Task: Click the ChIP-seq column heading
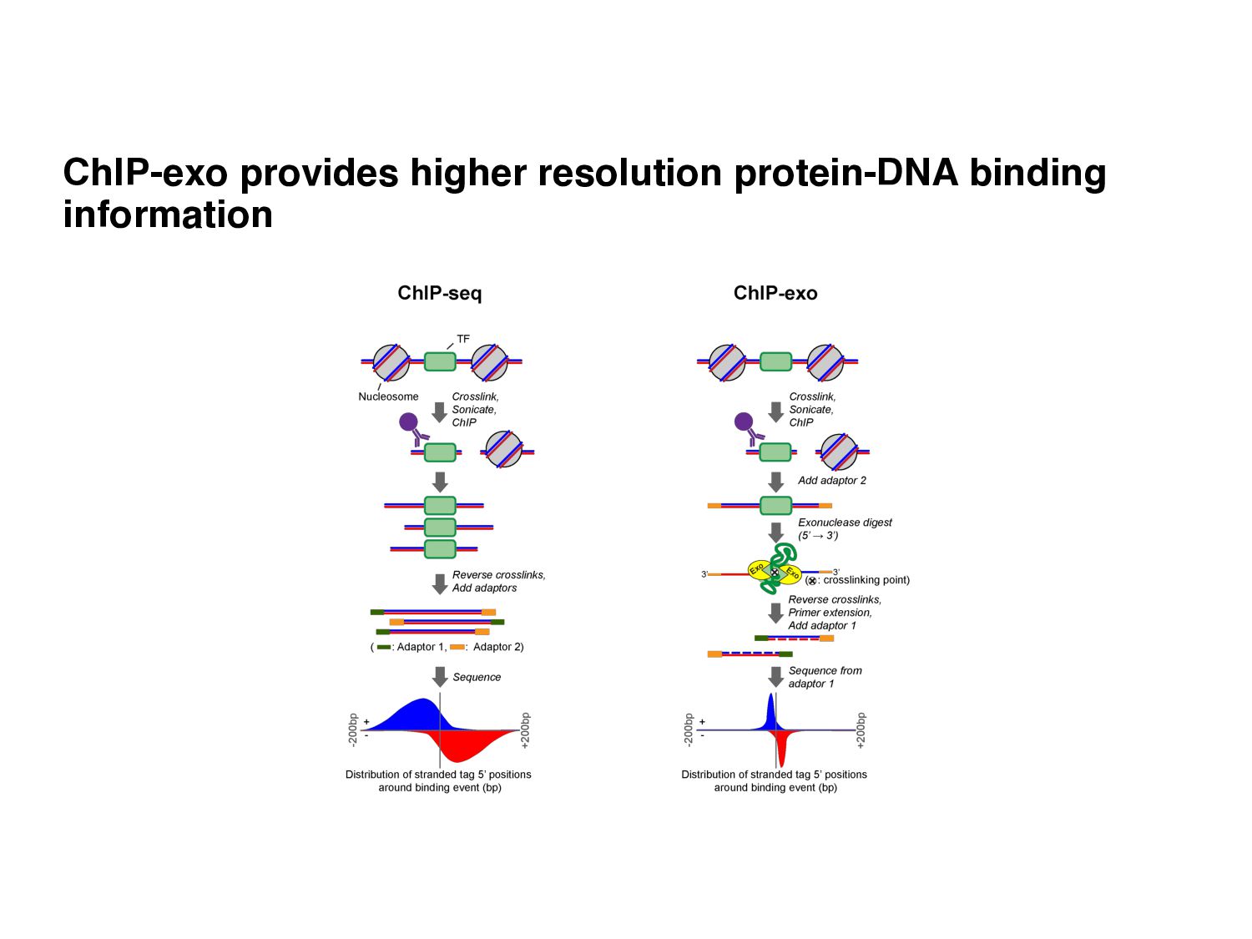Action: pyautogui.click(x=440, y=293)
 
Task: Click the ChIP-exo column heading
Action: pyautogui.click(x=775, y=293)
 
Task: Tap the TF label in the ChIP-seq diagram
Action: pyautogui.click(x=463, y=339)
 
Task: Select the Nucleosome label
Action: pyautogui.click(x=388, y=396)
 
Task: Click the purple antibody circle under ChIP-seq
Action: pyautogui.click(x=408, y=422)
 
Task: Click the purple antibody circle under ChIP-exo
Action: pyautogui.click(x=744, y=422)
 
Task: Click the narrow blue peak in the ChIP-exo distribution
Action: pyautogui.click(x=771, y=714)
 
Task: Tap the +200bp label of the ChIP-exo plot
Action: pyautogui.click(x=861, y=729)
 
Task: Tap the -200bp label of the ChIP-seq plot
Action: pyautogui.click(x=353, y=729)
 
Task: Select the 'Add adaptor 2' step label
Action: pyautogui.click(x=832, y=480)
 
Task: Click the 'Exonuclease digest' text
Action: pyautogui.click(x=845, y=523)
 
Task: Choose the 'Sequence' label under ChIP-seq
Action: pyautogui.click(x=477, y=677)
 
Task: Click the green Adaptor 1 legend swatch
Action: pyautogui.click(x=384, y=647)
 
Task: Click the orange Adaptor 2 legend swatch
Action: pyautogui.click(x=457, y=647)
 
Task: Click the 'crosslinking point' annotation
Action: pyautogui.click(x=866, y=580)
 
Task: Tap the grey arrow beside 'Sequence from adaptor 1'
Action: pyautogui.click(x=775, y=676)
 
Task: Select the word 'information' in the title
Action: pyautogui.click(x=168, y=215)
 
